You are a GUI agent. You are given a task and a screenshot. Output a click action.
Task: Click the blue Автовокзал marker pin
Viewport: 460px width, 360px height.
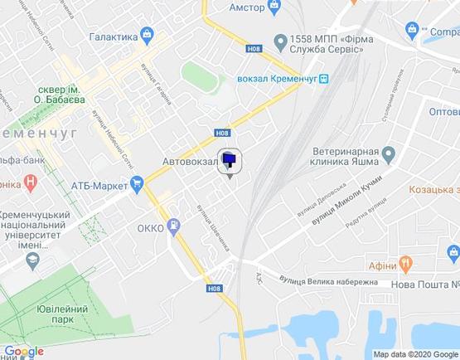[x=230, y=163]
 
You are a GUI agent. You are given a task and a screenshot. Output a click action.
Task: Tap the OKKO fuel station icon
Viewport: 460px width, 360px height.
[x=174, y=224]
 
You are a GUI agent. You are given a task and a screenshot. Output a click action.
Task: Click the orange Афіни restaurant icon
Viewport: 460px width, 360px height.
[x=406, y=265]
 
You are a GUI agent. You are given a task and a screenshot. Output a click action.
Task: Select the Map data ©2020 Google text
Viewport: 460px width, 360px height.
[x=415, y=354]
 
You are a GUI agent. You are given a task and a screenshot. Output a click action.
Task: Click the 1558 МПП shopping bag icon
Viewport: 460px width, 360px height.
[x=280, y=41]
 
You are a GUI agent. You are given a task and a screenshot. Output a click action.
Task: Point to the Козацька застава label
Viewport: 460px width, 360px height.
[x=434, y=190]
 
